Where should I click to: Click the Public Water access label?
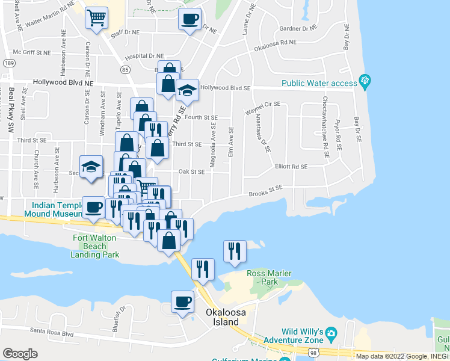pos(319,83)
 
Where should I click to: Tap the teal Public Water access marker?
pos(364,80)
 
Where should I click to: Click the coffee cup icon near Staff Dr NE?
pos(190,19)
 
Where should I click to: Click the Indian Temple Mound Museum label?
pos(52,209)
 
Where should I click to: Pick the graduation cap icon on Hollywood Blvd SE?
pos(187,91)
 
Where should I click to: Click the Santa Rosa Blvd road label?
pos(51,332)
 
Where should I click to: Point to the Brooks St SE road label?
pos(266,191)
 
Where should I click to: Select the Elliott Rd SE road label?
pos(291,166)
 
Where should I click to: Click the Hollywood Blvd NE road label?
pos(63,82)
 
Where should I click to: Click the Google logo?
pos(20,354)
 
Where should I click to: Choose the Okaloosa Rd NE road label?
pos(275,45)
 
